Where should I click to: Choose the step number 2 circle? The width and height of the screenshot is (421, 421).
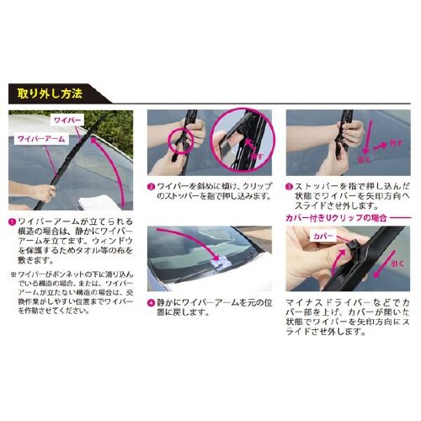tap(150, 186)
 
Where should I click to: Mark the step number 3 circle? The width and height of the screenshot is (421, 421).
tap(289, 186)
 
